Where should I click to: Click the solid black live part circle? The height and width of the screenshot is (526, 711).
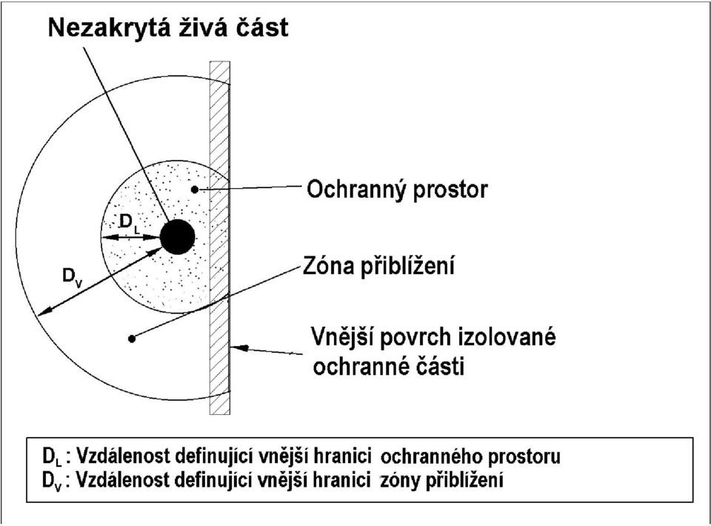tap(178, 237)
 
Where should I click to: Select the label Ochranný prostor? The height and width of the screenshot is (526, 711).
tap(397, 189)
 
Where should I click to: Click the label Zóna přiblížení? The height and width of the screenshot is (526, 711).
tap(378, 265)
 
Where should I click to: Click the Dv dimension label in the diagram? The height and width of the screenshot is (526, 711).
tap(73, 276)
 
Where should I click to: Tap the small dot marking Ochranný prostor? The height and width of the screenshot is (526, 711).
tap(195, 190)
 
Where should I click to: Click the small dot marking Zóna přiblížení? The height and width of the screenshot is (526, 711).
tap(132, 339)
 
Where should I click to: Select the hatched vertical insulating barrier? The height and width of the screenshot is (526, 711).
tap(220, 238)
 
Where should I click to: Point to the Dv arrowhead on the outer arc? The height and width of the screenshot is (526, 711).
tap(44, 311)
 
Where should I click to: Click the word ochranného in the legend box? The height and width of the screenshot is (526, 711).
tap(430, 456)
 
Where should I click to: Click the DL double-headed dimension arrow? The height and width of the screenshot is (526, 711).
tap(130, 237)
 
